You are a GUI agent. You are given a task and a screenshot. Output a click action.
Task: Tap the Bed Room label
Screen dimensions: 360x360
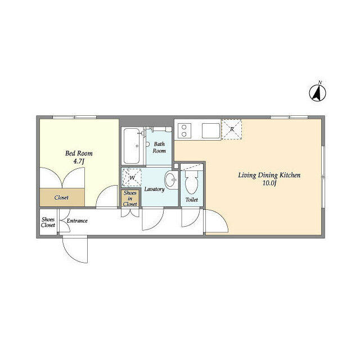coord(79,153)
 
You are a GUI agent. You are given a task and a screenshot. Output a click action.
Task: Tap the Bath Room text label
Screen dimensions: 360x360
coord(159,147)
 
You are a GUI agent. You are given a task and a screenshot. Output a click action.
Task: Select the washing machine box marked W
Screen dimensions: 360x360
coord(132,178)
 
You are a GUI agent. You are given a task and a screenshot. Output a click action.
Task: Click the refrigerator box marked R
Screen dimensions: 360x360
coord(232,129)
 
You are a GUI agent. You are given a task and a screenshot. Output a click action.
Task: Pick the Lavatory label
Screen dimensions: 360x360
coord(154,190)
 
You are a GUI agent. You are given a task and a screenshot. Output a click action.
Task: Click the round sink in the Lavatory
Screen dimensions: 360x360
coord(172,182)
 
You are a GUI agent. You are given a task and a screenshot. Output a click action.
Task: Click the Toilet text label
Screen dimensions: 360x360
coord(192,200)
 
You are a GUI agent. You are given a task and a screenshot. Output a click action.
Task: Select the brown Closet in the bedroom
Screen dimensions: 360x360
coord(62,197)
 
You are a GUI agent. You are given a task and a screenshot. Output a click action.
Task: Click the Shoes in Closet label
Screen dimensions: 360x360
coord(130,199)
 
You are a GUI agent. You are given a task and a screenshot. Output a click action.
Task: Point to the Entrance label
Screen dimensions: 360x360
coord(77,221)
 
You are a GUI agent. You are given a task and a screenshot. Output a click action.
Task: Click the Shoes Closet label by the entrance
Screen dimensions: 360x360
coord(48,222)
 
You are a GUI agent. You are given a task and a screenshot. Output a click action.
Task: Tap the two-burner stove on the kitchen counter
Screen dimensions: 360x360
coord(184,130)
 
